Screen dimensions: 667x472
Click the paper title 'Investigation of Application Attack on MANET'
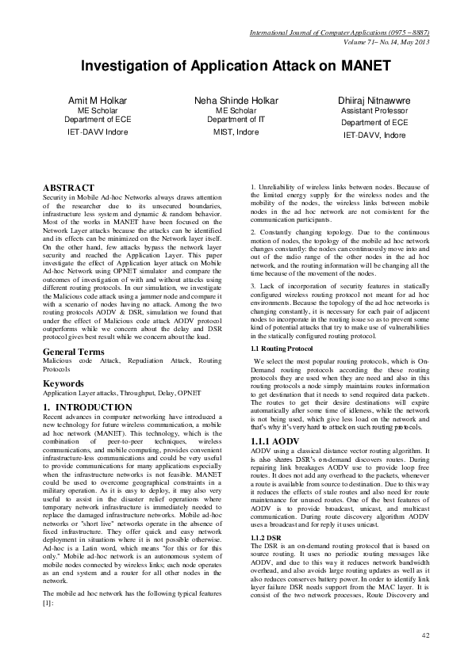click(x=236, y=65)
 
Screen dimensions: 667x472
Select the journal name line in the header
click(x=339, y=33)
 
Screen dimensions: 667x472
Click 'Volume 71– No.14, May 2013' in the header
click(x=378, y=42)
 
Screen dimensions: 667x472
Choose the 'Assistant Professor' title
click(x=374, y=112)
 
